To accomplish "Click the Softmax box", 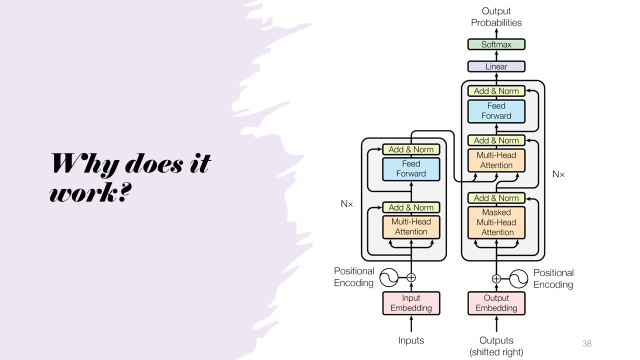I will tap(496, 44).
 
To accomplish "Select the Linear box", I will tap(496, 66).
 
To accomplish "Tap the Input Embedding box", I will tap(411, 303).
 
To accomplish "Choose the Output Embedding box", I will tap(496, 303).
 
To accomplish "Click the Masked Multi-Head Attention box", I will tap(496, 222).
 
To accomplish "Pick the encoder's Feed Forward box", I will tap(411, 169).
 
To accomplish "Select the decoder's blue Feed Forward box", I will tap(496, 111).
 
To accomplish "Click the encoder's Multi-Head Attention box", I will tap(411, 226).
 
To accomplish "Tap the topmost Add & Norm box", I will tap(496, 91).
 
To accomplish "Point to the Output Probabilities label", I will tap(496, 16).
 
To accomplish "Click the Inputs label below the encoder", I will tap(411, 340).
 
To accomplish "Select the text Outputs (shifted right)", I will tap(496, 346).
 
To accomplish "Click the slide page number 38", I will tap(587, 343).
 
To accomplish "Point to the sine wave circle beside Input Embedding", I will tap(388, 277).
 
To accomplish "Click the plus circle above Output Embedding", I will tap(496, 278).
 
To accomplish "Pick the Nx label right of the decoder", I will tap(558, 174).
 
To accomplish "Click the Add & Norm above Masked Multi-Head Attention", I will tap(496, 198).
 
